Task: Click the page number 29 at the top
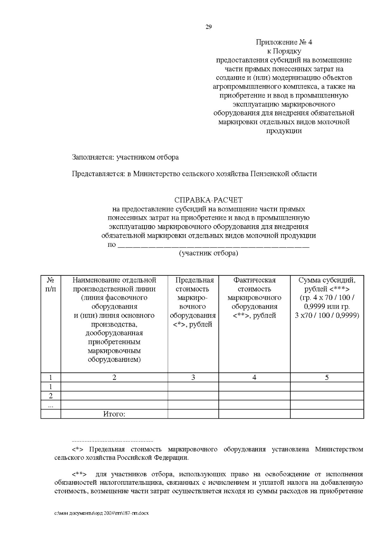pyautogui.click(x=209, y=27)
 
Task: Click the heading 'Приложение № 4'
pyautogui.click(x=284, y=42)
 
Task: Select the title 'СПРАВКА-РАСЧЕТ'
pyautogui.click(x=208, y=200)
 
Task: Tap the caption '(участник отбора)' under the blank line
pyautogui.click(x=208, y=253)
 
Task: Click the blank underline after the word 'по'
pyautogui.click(x=213, y=245)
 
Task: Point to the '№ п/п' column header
pyautogui.click(x=50, y=285)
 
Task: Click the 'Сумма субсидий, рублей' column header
pyautogui.click(x=327, y=298)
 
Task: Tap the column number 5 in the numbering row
pyautogui.click(x=327, y=377)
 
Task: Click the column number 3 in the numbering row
pyautogui.click(x=193, y=377)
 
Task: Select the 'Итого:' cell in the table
pyautogui.click(x=114, y=414)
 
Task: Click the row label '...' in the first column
pyautogui.click(x=50, y=405)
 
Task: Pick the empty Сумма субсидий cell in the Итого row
pyautogui.click(x=327, y=414)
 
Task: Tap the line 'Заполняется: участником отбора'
pyautogui.click(x=125, y=157)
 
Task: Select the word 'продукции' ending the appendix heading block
pyautogui.click(x=284, y=131)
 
